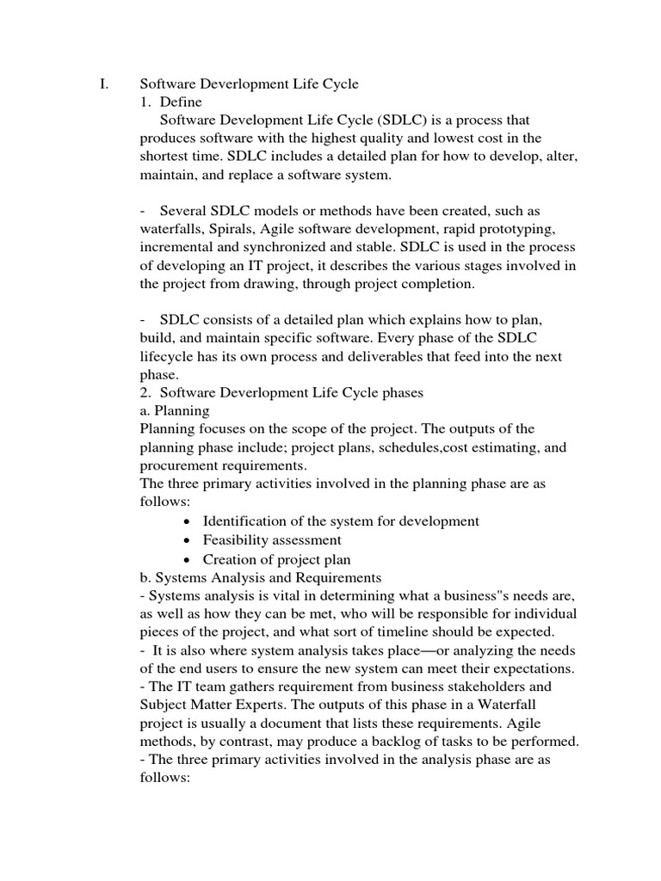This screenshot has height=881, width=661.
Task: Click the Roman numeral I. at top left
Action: click(104, 83)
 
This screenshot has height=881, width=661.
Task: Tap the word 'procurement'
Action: click(181, 465)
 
